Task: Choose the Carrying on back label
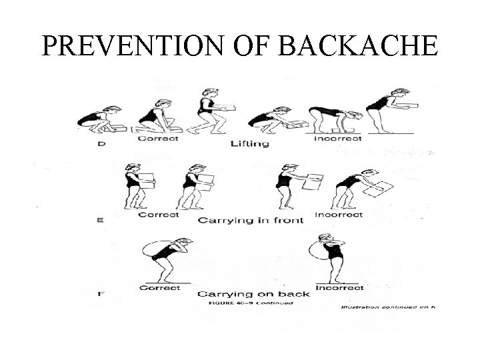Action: [245, 293]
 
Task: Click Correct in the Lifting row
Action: [159, 139]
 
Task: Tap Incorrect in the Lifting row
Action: [337, 139]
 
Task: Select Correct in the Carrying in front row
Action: [159, 215]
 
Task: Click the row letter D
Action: [101, 143]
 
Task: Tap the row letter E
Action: [101, 219]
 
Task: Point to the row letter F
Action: [101, 293]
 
